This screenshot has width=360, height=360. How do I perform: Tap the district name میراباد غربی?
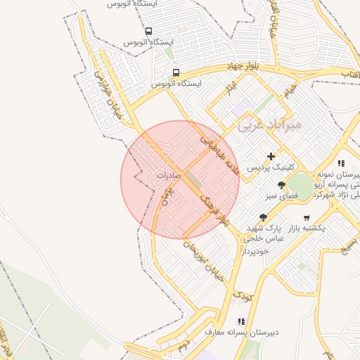tap(269, 124)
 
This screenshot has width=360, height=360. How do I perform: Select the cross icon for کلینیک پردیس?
tap(271, 156)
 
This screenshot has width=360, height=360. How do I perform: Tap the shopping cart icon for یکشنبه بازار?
tap(306, 217)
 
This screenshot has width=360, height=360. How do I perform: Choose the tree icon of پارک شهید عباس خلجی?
tap(263, 217)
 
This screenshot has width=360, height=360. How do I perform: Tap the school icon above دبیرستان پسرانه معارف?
tap(241, 321)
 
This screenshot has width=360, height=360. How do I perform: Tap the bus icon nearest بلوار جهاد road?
tap(175, 72)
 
